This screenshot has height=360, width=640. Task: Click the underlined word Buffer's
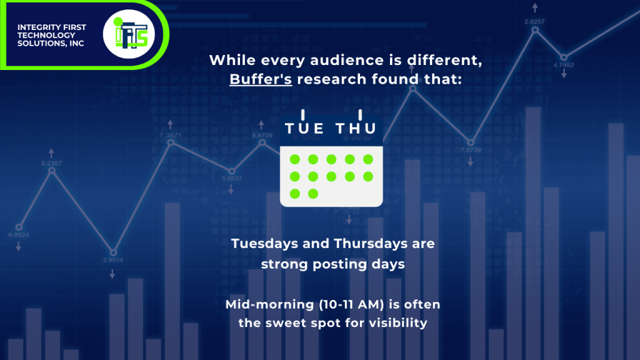pos(261,79)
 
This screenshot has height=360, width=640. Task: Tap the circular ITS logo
pos(129,34)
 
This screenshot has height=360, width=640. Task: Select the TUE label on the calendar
pos(304,129)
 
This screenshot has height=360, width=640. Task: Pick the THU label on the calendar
pos(356,129)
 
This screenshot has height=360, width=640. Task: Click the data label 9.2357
pos(51,163)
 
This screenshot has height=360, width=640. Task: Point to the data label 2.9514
pos(113,260)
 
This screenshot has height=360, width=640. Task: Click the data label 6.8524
pos(19,235)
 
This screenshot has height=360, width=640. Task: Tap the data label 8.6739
pos(262,136)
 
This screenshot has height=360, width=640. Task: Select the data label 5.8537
pos(232,178)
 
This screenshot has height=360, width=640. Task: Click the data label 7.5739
pos(471,150)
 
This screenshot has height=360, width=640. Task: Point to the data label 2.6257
pos(535,22)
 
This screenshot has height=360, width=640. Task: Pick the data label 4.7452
pos(564,65)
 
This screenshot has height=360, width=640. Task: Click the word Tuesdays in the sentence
pos(264,244)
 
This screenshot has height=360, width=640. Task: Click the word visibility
pos(398,323)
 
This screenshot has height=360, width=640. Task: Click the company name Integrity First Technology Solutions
pos(52,35)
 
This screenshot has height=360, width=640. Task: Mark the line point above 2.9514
pos(114,252)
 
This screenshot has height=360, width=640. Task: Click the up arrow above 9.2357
pos(51,153)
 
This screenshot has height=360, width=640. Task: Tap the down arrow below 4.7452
pos(564,74)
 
